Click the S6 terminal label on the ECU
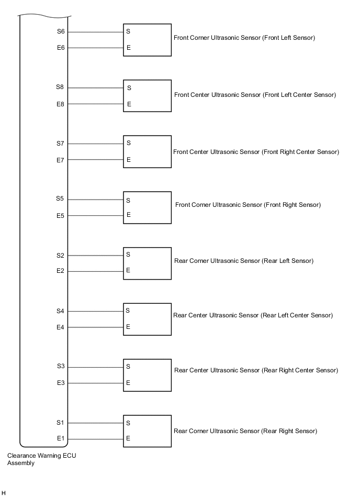pos(61,31)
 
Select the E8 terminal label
pos(61,104)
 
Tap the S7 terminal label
pos(61,143)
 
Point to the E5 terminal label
pos(61,216)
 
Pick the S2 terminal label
pos(61,256)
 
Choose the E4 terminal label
pos(61,328)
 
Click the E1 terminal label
pos(61,439)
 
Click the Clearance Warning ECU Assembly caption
pos(41,459)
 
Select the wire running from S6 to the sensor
pos(96,32)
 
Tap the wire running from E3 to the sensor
pos(96,383)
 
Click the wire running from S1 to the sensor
pos(96,423)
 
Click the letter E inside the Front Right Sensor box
pos(128,215)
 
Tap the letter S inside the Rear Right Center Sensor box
pos(128,367)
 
